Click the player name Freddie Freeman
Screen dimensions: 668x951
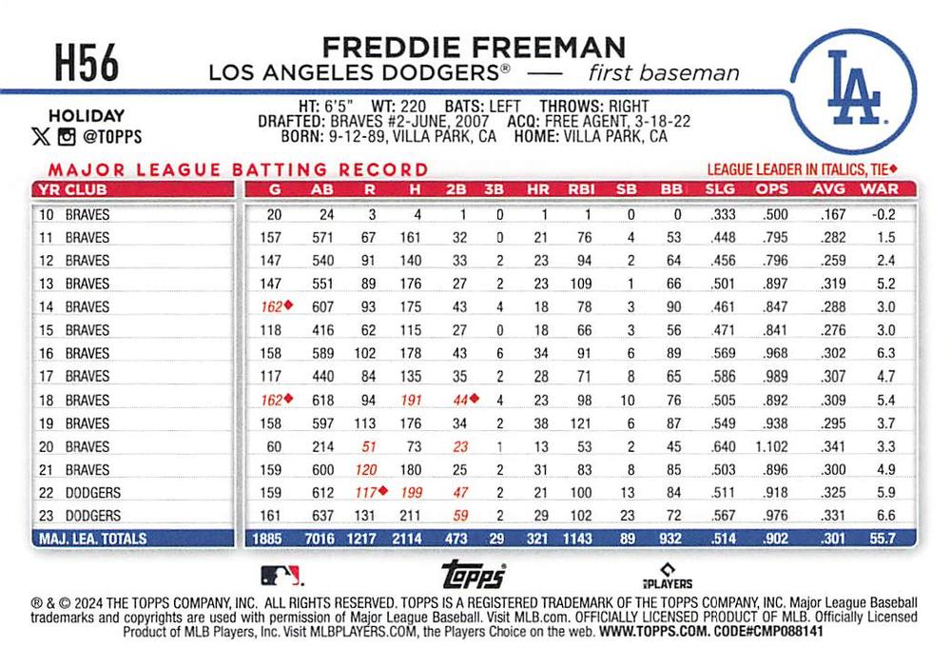(473, 47)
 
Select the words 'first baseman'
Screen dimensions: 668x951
(663, 72)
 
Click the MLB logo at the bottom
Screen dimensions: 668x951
(282, 574)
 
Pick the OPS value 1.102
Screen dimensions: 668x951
(771, 445)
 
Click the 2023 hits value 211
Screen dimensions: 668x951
(408, 515)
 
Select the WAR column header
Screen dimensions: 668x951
(879, 188)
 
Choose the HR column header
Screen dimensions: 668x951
(541, 188)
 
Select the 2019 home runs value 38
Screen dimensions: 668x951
(541, 422)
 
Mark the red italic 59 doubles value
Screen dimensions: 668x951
(460, 515)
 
